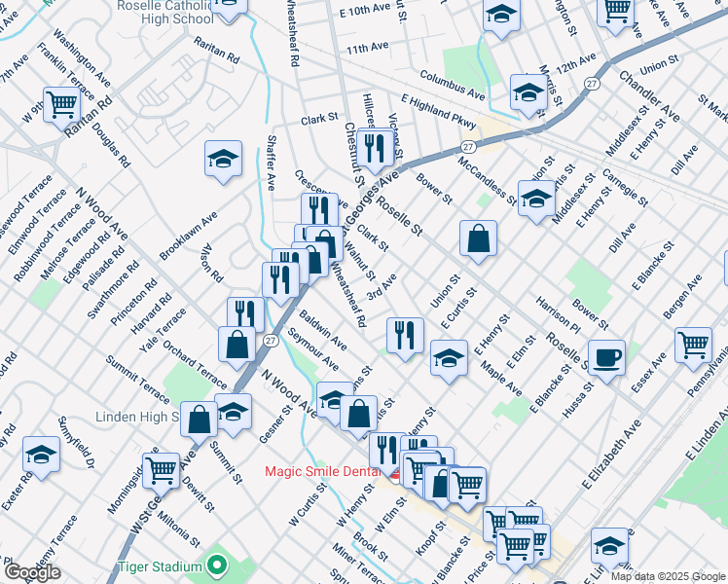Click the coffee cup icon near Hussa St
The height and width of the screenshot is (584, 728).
click(x=606, y=357)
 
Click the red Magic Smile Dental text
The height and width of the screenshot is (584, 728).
click(x=326, y=472)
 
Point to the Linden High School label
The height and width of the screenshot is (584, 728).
click(x=136, y=418)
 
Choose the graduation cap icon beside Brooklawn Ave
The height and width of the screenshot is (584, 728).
click(x=223, y=157)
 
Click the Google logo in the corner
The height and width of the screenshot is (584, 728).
click(x=32, y=572)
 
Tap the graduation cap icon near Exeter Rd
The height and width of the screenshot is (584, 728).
click(x=42, y=455)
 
